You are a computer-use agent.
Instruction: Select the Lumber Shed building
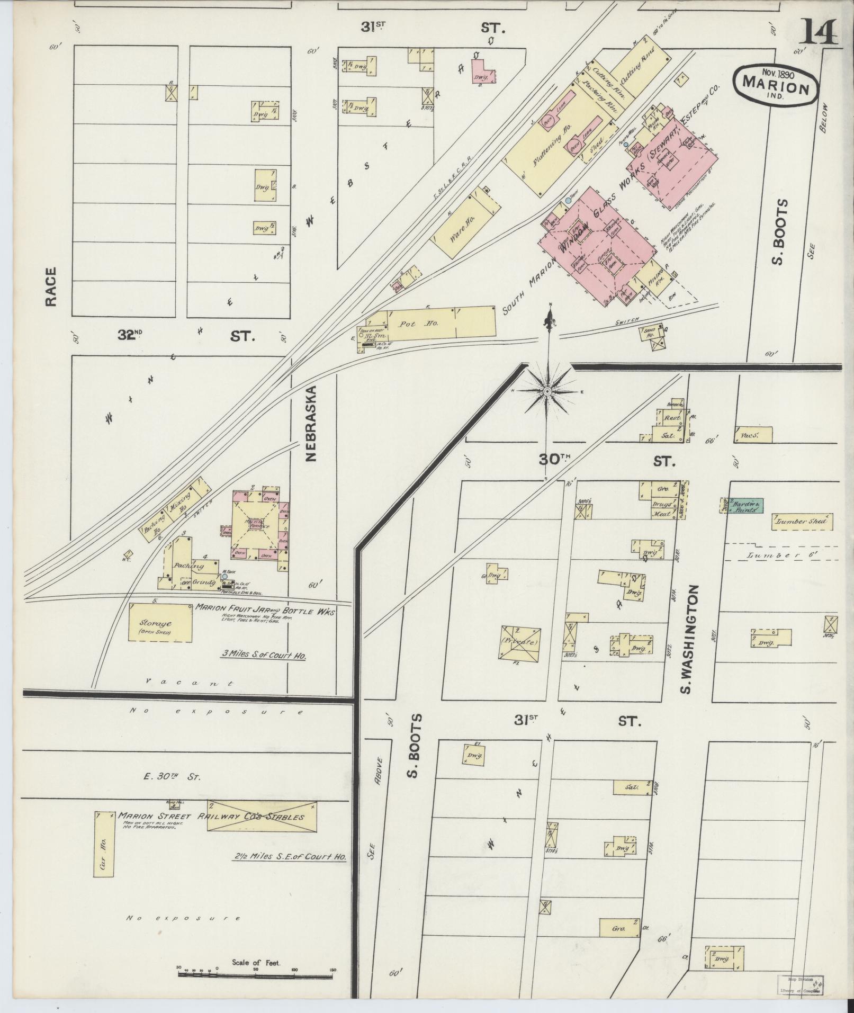(802, 522)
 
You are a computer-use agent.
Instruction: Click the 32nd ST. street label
(185, 335)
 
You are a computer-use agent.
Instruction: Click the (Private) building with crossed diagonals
(520, 642)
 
